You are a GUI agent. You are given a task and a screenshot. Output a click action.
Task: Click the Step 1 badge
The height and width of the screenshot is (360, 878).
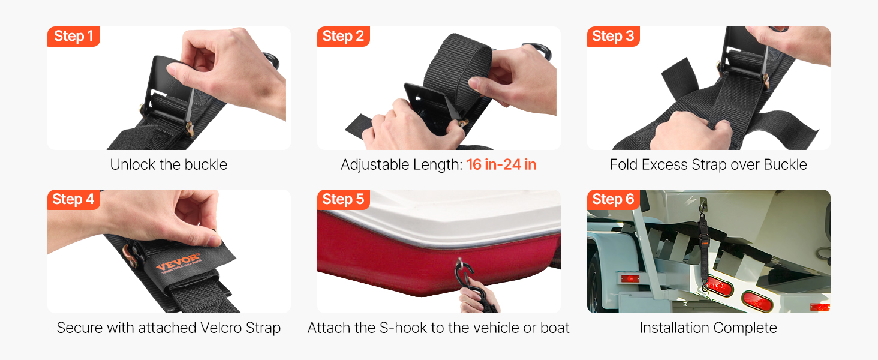(74, 37)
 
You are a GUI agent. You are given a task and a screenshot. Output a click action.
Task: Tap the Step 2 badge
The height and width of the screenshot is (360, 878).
(344, 37)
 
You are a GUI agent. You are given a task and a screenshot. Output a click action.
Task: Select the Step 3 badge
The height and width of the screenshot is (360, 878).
(613, 37)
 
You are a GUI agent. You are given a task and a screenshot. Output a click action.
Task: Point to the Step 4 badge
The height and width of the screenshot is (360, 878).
(74, 200)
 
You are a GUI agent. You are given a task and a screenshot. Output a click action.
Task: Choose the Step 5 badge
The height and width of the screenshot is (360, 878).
(344, 200)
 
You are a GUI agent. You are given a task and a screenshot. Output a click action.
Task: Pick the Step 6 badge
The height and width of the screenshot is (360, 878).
(613, 200)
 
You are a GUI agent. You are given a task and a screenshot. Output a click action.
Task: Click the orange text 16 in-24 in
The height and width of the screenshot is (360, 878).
(501, 165)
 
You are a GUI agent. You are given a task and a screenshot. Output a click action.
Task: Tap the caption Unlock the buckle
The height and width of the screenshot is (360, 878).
(169, 165)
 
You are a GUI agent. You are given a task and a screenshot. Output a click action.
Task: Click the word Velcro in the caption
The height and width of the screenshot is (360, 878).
(221, 328)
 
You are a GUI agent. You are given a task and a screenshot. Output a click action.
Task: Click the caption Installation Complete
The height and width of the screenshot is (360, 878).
(708, 328)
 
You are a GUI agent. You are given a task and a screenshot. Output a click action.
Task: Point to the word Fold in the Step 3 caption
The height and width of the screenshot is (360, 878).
(623, 165)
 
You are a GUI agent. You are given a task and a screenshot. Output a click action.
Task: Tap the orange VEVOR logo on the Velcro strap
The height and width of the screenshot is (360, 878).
(179, 262)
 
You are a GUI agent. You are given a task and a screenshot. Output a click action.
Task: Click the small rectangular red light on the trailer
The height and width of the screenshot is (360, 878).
(630, 279)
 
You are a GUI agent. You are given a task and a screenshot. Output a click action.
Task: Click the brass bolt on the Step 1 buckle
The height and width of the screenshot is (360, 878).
(190, 128)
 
